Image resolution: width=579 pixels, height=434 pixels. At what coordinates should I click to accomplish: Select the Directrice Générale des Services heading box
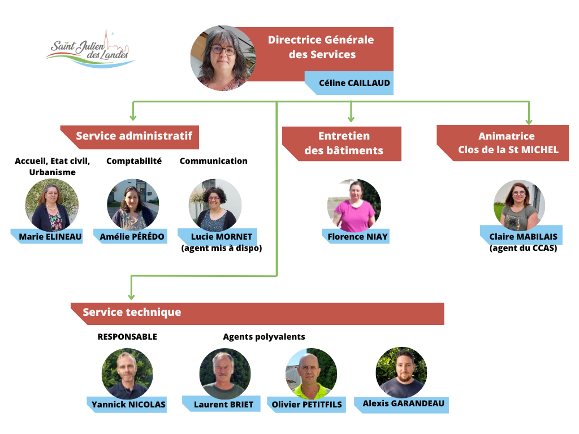point(321,47)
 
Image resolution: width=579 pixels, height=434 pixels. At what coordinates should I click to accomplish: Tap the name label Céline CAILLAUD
point(354,83)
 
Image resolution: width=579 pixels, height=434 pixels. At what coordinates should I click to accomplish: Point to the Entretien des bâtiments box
point(343,143)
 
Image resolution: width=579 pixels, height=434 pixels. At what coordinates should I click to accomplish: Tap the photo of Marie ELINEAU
point(52,204)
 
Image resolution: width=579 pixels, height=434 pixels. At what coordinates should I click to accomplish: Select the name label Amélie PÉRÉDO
point(132,236)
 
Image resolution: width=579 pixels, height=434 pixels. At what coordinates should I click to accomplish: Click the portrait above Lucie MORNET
point(215,204)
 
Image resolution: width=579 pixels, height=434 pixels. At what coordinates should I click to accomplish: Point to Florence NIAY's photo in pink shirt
point(354,205)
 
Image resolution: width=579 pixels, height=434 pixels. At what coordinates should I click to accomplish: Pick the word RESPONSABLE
point(127,337)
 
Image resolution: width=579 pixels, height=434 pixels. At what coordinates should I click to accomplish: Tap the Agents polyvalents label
point(264,337)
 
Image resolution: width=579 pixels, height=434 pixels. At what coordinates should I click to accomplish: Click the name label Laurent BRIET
point(223,405)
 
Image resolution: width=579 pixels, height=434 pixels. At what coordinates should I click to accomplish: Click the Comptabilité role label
point(134,161)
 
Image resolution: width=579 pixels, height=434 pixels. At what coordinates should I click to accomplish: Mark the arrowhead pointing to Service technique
point(131,296)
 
